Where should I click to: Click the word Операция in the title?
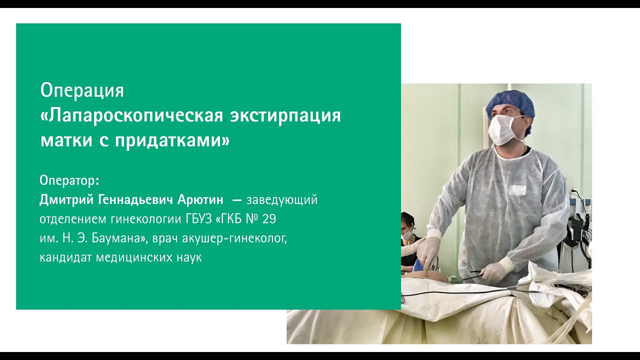point(82,90)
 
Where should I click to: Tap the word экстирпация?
point(285,116)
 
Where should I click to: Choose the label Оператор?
point(69,180)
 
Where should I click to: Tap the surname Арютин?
point(201,200)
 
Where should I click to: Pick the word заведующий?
point(282,200)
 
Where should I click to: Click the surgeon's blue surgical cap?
point(510,103)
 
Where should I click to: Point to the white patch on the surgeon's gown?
point(517,190)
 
